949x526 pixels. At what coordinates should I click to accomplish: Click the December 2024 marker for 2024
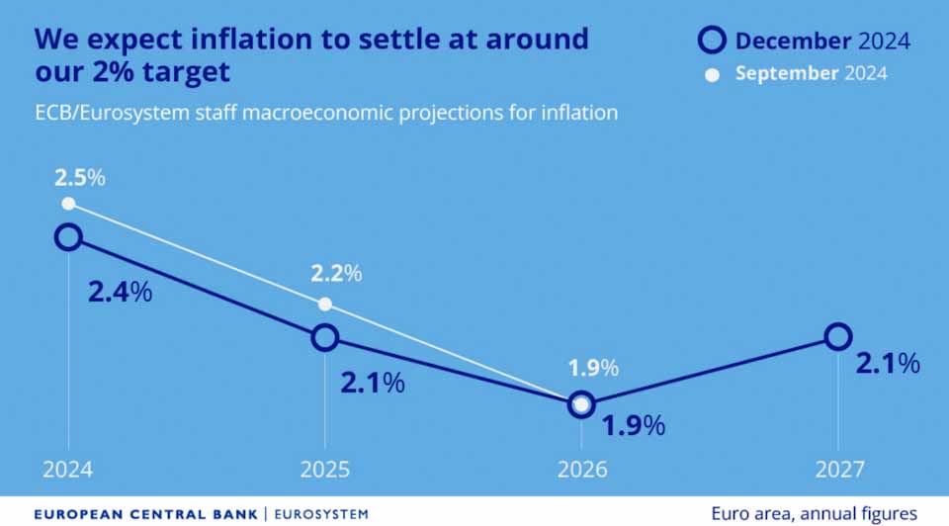tap(68, 236)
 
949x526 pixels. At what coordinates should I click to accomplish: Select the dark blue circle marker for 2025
tap(325, 338)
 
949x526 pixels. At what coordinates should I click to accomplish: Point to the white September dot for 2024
tap(68, 204)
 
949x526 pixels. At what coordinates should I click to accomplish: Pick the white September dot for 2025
tap(325, 304)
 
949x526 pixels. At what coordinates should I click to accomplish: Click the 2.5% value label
tap(79, 179)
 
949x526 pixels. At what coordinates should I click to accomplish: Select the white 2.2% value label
tap(337, 272)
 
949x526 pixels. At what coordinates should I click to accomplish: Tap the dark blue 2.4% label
tap(120, 293)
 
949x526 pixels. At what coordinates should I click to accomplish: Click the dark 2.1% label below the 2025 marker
tap(372, 383)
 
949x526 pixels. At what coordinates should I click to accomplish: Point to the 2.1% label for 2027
tap(888, 364)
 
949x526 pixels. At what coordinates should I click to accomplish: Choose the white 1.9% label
tap(593, 369)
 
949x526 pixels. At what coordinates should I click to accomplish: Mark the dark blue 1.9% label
tap(634, 426)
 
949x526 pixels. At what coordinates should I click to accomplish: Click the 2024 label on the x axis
tap(68, 469)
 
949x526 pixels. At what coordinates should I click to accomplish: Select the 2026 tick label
tap(581, 469)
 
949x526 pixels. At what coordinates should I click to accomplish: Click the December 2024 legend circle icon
tap(713, 41)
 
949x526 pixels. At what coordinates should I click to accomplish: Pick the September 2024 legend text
tap(811, 73)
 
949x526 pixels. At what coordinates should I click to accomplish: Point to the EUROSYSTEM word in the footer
tap(320, 514)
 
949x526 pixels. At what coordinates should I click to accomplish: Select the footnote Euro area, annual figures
tap(814, 513)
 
